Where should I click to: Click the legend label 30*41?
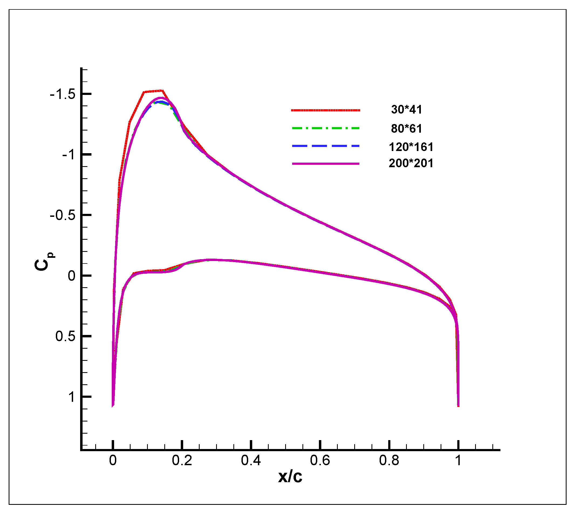406,109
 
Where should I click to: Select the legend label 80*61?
406,128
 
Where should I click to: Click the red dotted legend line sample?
325,110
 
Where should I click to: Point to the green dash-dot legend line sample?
325,128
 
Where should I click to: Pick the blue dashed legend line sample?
325,146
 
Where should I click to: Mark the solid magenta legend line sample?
325,164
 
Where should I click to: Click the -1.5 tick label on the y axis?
62,94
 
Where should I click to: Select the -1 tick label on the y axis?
69,155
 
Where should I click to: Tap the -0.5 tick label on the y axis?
62,215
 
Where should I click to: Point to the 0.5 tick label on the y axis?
66,336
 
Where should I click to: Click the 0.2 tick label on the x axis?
182,461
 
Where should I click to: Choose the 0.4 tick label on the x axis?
251,461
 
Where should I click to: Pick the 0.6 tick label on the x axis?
320,461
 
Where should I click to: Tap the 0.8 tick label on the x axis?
389,461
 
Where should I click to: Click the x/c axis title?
290,477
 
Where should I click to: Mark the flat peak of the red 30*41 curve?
153,91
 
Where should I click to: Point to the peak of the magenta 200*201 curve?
160,98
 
